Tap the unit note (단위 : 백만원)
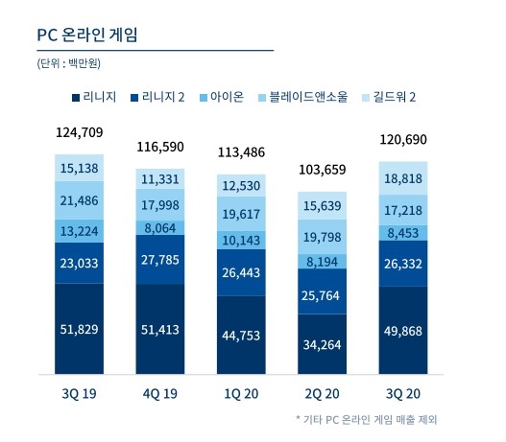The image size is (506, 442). click(68, 64)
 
